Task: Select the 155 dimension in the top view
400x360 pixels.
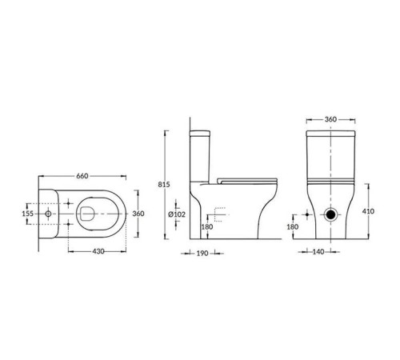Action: coord(26,214)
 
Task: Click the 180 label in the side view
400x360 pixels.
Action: coord(207,227)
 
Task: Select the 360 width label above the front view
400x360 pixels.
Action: coord(330,119)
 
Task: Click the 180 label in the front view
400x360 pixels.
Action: coord(293,227)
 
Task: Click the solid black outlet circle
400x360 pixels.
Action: coord(330,215)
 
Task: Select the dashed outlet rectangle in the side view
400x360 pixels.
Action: coord(221,214)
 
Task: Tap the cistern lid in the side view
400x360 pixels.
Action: coord(202,130)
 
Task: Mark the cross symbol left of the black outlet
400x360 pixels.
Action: coord(308,215)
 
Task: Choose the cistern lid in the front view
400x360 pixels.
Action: coord(330,130)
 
